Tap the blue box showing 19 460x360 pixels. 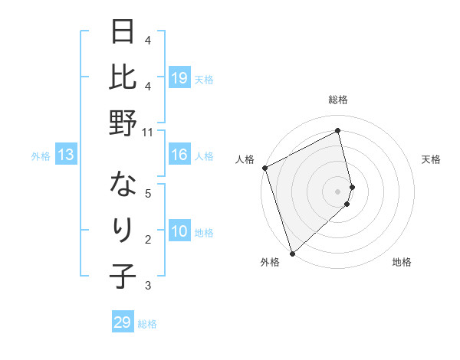[179, 77]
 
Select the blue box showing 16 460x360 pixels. [179, 155]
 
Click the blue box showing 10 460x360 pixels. [179, 231]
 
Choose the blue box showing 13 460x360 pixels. [66, 155]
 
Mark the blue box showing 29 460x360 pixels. [123, 322]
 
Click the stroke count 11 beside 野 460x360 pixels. [149, 132]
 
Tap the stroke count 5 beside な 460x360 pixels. [149, 194]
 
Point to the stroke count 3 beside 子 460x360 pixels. [149, 286]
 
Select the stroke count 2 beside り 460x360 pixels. [149, 240]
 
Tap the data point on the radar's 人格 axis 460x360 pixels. [264, 168]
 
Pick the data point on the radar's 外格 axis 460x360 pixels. [292, 252]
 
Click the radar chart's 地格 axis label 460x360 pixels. [402, 262]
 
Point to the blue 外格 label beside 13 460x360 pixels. [41, 156]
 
